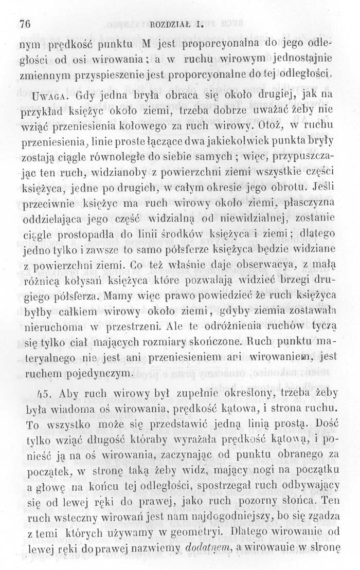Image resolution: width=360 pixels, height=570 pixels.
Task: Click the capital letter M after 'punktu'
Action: (148, 40)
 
